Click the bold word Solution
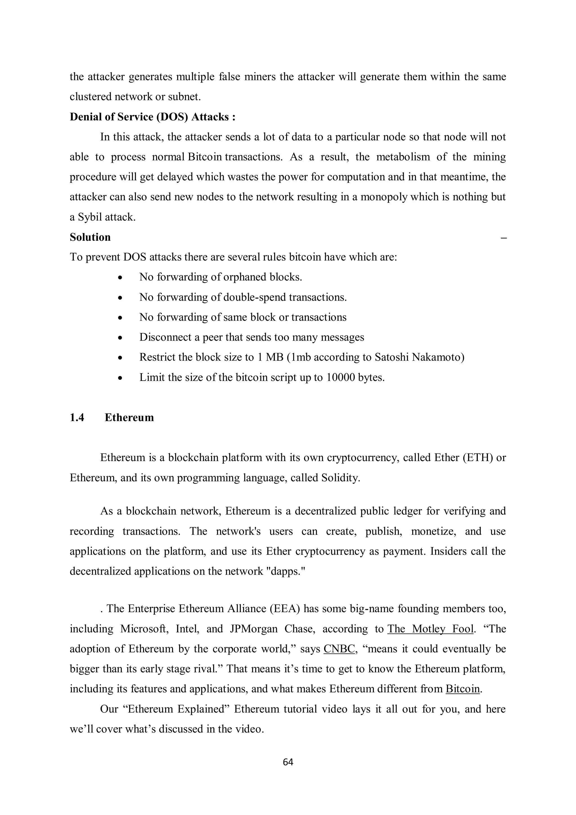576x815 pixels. [x=90, y=237]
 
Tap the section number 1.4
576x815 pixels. [x=77, y=417]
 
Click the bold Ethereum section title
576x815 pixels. [x=129, y=417]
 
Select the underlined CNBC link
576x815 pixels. [x=339, y=649]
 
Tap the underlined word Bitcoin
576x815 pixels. [x=462, y=689]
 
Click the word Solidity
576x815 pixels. [x=340, y=478]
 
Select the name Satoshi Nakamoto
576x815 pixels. [x=420, y=357]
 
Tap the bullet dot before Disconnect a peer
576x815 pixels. [x=121, y=338]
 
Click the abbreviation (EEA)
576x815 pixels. [x=285, y=609]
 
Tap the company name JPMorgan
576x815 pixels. [x=253, y=629]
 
